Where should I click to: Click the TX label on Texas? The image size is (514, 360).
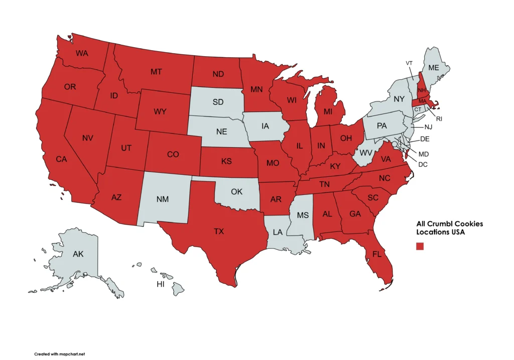click(x=219, y=231)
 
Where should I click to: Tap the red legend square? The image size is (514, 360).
click(x=420, y=246)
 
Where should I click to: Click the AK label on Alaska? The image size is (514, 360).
click(x=78, y=254)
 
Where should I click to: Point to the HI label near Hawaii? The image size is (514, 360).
click(x=161, y=284)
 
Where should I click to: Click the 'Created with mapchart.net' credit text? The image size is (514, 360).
click(x=60, y=353)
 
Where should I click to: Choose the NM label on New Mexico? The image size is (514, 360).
click(x=162, y=199)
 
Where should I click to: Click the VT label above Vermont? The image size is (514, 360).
click(x=409, y=63)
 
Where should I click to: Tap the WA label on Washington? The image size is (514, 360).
click(x=82, y=53)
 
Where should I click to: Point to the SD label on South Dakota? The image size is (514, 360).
click(x=218, y=102)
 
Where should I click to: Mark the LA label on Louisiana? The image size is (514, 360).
click(x=278, y=232)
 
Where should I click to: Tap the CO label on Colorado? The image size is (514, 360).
click(x=173, y=154)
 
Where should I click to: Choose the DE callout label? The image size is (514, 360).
click(x=424, y=139)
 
